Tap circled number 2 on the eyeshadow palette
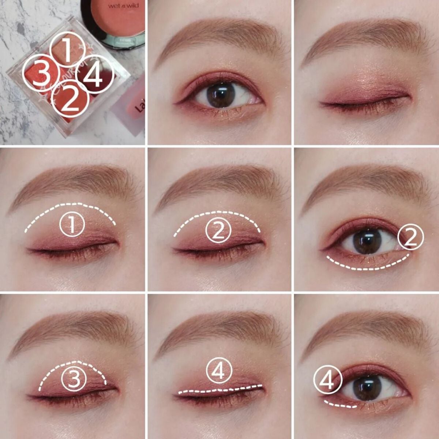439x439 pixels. (71, 98)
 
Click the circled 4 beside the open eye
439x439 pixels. (327, 381)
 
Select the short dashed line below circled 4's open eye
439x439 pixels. (340, 405)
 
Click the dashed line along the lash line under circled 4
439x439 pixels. (219, 389)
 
